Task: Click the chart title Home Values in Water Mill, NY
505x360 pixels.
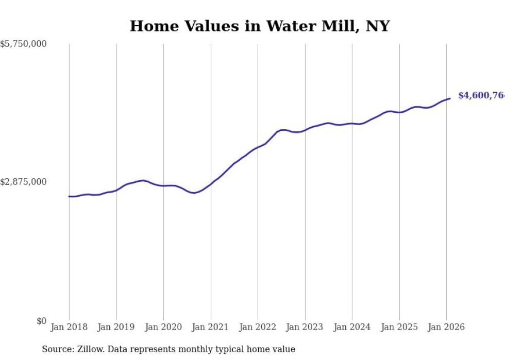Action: pos(259,26)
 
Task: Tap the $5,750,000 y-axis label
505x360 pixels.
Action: pos(23,44)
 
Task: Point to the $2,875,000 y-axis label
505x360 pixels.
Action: pos(23,182)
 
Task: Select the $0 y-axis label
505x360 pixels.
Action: pos(41,321)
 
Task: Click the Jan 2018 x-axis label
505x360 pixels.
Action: pos(69,327)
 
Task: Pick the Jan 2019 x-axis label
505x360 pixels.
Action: pos(116,327)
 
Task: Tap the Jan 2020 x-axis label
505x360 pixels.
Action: pos(163,327)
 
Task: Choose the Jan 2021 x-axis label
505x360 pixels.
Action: pos(211,327)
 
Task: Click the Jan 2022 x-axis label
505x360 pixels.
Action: pos(258,327)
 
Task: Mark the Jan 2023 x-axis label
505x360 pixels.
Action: pos(305,327)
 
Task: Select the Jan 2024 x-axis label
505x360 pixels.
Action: pos(352,327)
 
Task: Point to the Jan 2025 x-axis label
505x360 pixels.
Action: pos(399,327)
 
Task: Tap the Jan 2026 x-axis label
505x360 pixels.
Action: pos(446,327)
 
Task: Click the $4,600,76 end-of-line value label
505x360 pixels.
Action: pos(481,96)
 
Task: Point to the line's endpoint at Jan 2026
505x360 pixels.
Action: pos(450,98)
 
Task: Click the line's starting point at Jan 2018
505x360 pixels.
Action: pos(69,196)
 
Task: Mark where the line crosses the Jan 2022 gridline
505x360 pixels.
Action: pos(258,147)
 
